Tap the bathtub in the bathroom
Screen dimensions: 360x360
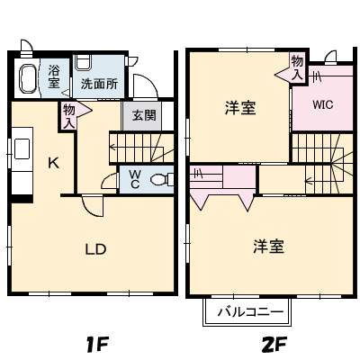click(29, 78)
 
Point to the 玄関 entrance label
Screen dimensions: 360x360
click(143, 115)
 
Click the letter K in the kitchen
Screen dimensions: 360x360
click(53, 163)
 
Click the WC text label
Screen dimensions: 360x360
click(134, 178)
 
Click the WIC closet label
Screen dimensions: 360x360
click(322, 103)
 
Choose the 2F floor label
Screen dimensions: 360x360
click(274, 343)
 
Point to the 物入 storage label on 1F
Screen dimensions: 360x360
click(68, 113)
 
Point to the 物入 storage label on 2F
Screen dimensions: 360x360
click(297, 67)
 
